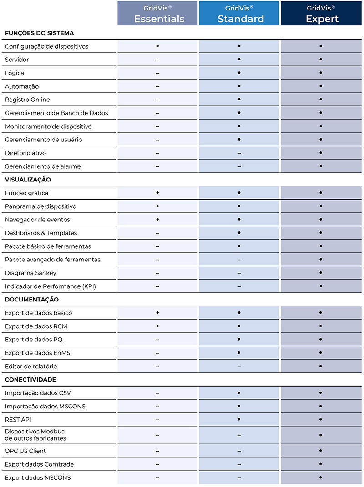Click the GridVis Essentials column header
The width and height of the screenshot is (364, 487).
click(x=157, y=14)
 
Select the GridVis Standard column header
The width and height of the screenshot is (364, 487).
click(x=239, y=14)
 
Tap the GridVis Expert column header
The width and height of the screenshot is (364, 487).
click(x=321, y=14)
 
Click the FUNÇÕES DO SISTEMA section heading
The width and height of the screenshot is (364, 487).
click(x=39, y=33)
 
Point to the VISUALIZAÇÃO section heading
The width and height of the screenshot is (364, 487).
click(x=28, y=180)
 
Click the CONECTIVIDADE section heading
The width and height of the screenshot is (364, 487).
click(x=30, y=379)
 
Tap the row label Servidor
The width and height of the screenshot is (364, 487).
click(x=17, y=60)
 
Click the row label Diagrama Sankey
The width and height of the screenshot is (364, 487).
click(x=30, y=273)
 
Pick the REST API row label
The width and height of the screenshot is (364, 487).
click(x=18, y=419)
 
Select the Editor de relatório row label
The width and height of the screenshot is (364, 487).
click(x=31, y=366)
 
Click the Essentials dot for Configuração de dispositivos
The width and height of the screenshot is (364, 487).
click(x=157, y=46)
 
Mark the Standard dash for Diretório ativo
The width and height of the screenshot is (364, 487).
click(x=239, y=153)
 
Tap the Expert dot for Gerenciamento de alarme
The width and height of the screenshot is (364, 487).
click(x=321, y=166)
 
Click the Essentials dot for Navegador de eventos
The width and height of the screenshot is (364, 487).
click(x=157, y=220)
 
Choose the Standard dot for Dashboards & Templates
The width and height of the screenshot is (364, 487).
click(x=239, y=233)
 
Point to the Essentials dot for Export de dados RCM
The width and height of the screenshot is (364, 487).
click(x=157, y=326)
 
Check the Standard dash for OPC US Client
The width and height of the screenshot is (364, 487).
click(x=239, y=451)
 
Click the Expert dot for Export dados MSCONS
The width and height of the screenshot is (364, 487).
click(x=321, y=477)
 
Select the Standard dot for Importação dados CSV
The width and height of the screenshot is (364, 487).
click(x=239, y=392)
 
